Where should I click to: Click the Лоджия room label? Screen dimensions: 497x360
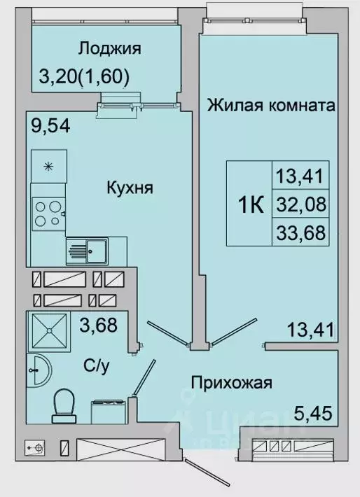[110, 48]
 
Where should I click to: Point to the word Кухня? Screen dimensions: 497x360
[130, 188]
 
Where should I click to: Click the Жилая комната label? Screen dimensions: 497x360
[270, 106]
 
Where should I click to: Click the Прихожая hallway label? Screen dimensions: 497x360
[231, 382]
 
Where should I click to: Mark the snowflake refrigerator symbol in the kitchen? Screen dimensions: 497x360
[49, 167]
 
